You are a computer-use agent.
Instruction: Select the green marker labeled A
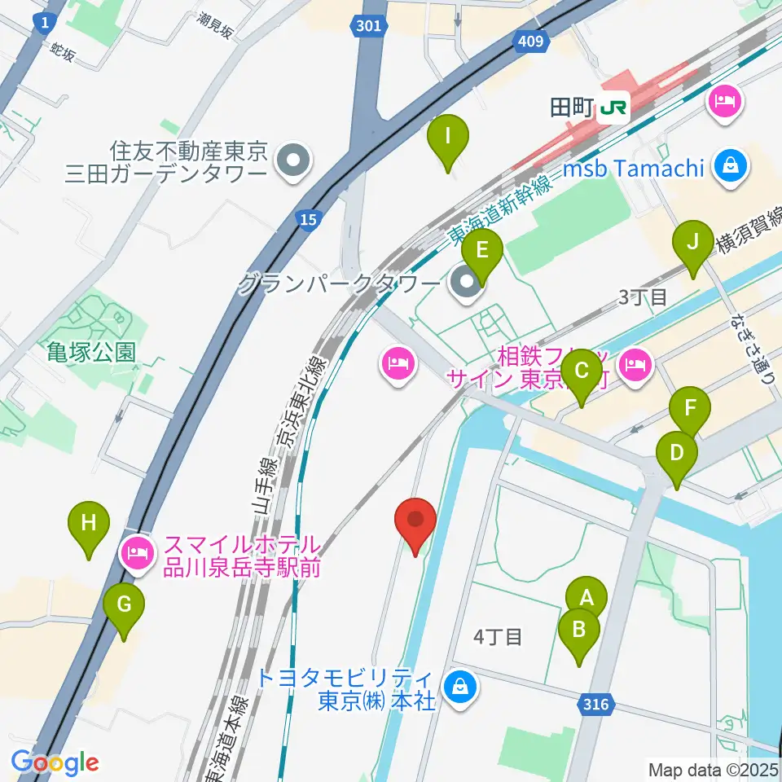click(586, 598)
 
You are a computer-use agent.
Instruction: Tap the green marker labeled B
click(579, 630)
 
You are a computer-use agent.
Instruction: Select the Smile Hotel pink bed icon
click(136, 554)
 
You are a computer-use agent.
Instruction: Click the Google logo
click(55, 762)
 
